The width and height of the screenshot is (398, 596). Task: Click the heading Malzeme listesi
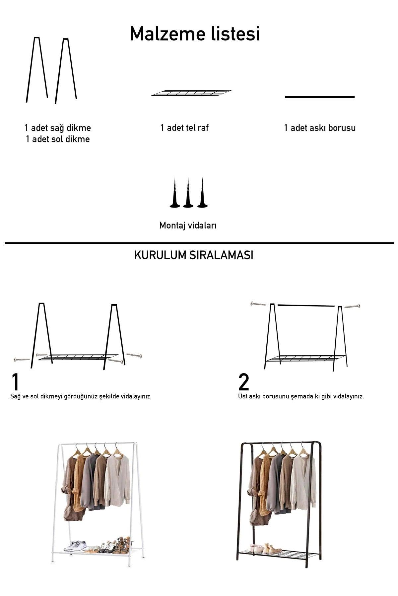pyautogui.click(x=195, y=34)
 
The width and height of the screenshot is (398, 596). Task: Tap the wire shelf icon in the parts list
pyautogui.click(x=192, y=93)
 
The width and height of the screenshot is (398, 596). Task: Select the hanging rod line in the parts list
pyautogui.click(x=320, y=97)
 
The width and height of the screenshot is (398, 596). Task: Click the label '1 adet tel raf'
pyautogui.click(x=184, y=128)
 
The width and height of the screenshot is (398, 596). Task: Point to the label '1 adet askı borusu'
pyautogui.click(x=320, y=128)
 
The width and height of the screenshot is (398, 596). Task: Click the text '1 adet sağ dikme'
pyautogui.click(x=58, y=128)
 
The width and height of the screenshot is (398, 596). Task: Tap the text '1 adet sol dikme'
pyautogui.click(x=58, y=139)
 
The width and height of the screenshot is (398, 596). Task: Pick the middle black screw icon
pyautogui.click(x=188, y=194)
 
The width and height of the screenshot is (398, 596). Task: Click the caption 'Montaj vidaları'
pyautogui.click(x=188, y=225)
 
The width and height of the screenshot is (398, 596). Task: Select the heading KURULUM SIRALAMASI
pyautogui.click(x=194, y=255)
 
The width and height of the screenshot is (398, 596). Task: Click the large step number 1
pyautogui.click(x=15, y=382)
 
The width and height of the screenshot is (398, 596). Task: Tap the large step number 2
pyautogui.click(x=244, y=382)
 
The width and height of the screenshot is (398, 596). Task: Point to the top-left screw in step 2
pyautogui.click(x=258, y=304)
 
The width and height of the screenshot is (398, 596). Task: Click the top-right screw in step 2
pyautogui.click(x=353, y=306)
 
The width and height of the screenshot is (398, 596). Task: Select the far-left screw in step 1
pyautogui.click(x=21, y=359)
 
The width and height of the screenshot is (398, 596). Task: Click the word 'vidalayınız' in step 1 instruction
pyautogui.click(x=137, y=396)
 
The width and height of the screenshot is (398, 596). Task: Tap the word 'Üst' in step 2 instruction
pyautogui.click(x=242, y=396)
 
